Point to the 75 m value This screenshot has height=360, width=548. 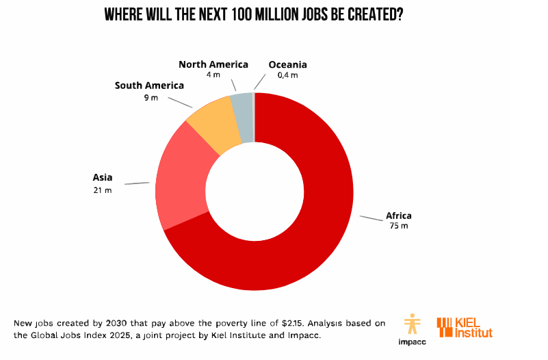[x=399, y=226]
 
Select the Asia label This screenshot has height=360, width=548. [x=103, y=177]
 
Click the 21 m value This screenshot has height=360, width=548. [x=103, y=189]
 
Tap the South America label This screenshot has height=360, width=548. [x=149, y=86]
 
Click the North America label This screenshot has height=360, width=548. [x=213, y=64]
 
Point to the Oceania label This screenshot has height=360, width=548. [x=287, y=64]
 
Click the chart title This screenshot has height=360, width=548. [x=253, y=15]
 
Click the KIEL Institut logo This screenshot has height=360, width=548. [x=465, y=327]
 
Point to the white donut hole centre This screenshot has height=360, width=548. [x=255, y=191]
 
